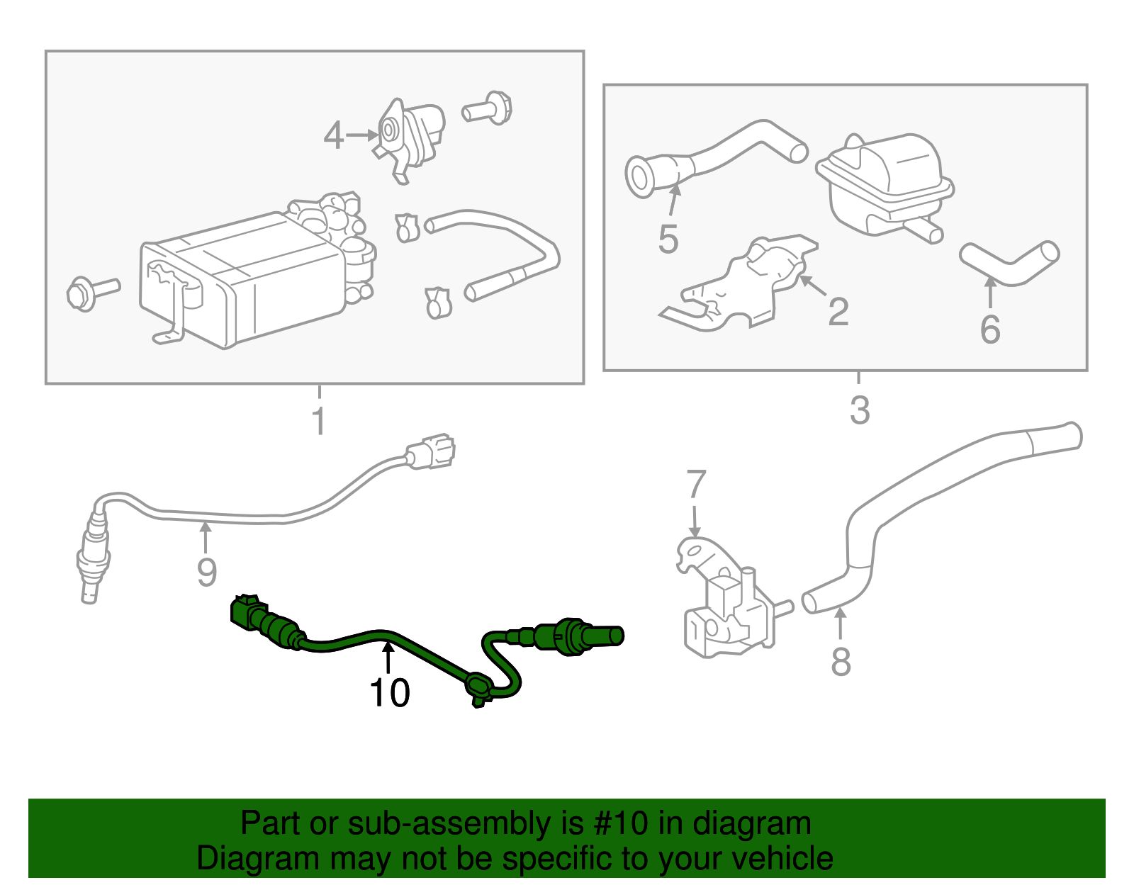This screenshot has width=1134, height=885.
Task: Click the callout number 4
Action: coord(333,135)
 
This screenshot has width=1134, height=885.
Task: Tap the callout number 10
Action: coord(389,692)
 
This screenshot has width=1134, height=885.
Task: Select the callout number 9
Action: coord(206,572)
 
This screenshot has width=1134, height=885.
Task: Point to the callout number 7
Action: coord(696,485)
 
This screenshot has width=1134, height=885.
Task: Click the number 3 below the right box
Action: coord(859,410)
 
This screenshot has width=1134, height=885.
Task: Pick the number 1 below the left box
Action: coord(319,421)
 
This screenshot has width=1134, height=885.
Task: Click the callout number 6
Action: coord(989,329)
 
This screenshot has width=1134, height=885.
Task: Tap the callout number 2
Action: coord(838,312)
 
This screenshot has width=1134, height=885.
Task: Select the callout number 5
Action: coord(668,239)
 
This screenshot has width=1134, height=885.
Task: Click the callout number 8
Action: coord(841,663)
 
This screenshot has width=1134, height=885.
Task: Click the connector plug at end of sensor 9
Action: coord(431,452)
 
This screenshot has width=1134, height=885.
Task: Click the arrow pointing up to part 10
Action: coord(388,656)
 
